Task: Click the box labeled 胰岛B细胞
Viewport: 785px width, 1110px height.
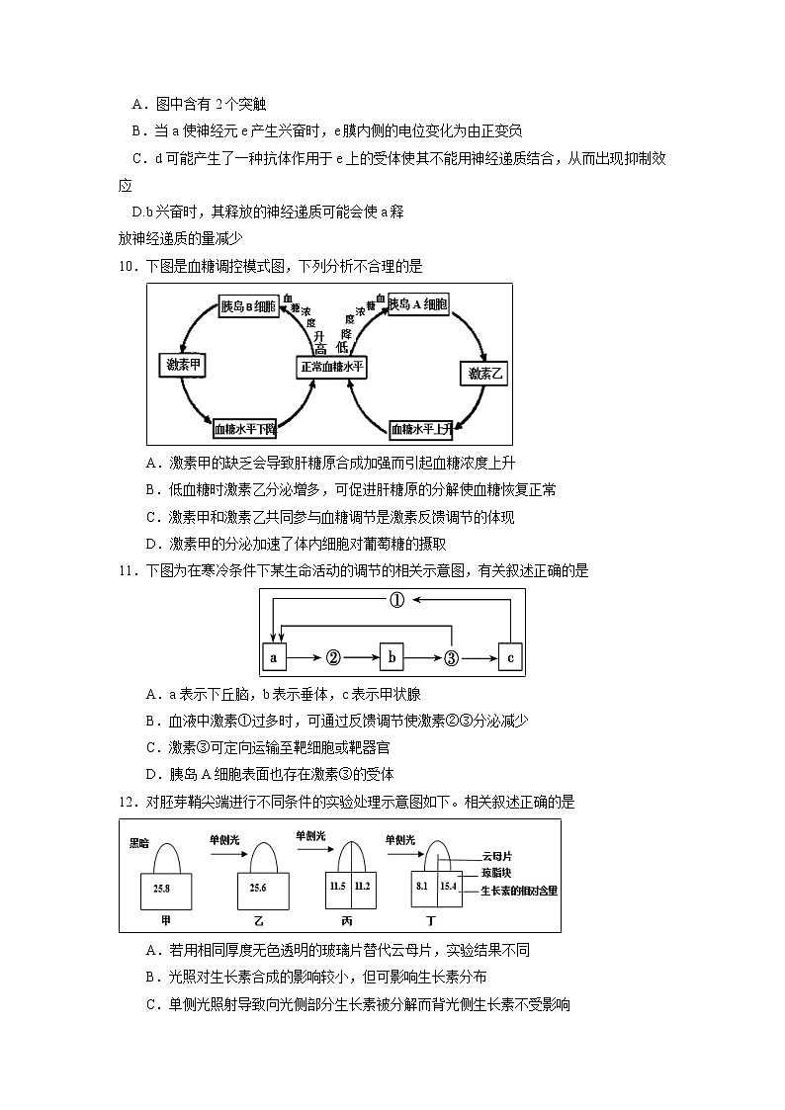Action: [248, 307]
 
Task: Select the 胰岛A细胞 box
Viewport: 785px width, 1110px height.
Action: [418, 305]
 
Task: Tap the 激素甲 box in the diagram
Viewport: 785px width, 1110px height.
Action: [183, 365]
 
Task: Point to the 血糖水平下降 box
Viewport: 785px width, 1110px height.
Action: [246, 429]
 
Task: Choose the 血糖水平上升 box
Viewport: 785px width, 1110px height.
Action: [421, 429]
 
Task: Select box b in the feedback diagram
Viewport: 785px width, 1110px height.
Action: [392, 657]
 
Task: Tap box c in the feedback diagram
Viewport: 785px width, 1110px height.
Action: [510, 657]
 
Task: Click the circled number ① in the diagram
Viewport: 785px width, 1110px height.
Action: [396, 601]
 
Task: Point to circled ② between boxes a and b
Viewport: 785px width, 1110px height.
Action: [333, 657]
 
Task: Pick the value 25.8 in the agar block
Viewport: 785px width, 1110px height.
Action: [162, 889]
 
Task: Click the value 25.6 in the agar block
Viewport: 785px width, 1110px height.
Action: [258, 889]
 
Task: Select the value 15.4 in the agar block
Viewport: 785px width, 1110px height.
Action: [450, 887]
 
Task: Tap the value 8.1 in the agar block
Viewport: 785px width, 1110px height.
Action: [422, 887]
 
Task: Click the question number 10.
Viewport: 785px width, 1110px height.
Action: [127, 266]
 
